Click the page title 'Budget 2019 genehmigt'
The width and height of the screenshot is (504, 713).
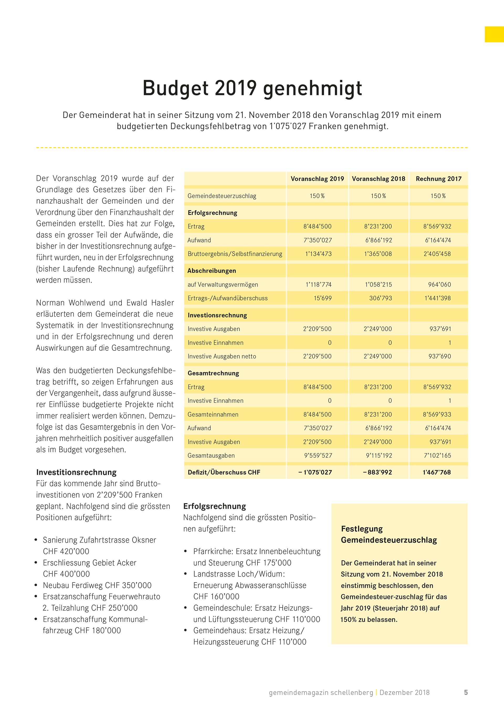pyautogui.click(x=252, y=88)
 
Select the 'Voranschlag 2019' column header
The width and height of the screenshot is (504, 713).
pyautogui.click(x=317, y=179)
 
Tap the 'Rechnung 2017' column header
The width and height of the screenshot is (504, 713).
pyautogui.click(x=439, y=179)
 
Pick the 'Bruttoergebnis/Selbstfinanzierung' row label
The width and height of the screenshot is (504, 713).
pyautogui.click(x=235, y=254)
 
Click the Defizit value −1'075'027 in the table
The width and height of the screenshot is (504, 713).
pyautogui.click(x=315, y=472)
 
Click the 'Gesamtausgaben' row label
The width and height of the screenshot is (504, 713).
pyautogui.click(x=211, y=456)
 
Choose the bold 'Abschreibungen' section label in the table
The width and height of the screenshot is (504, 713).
pyautogui.click(x=212, y=271)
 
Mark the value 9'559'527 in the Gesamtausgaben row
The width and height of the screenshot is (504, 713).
pyautogui.click(x=318, y=456)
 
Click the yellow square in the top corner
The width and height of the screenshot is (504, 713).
pyautogui.click(x=494, y=34)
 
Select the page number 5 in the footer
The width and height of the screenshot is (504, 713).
pyautogui.click(x=466, y=693)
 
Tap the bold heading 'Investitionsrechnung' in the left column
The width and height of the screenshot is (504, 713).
pyautogui.click(x=76, y=472)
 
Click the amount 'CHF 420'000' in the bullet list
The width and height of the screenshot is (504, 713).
pyautogui.click(x=66, y=551)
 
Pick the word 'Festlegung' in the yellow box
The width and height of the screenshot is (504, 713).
pyautogui.click(x=362, y=529)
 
